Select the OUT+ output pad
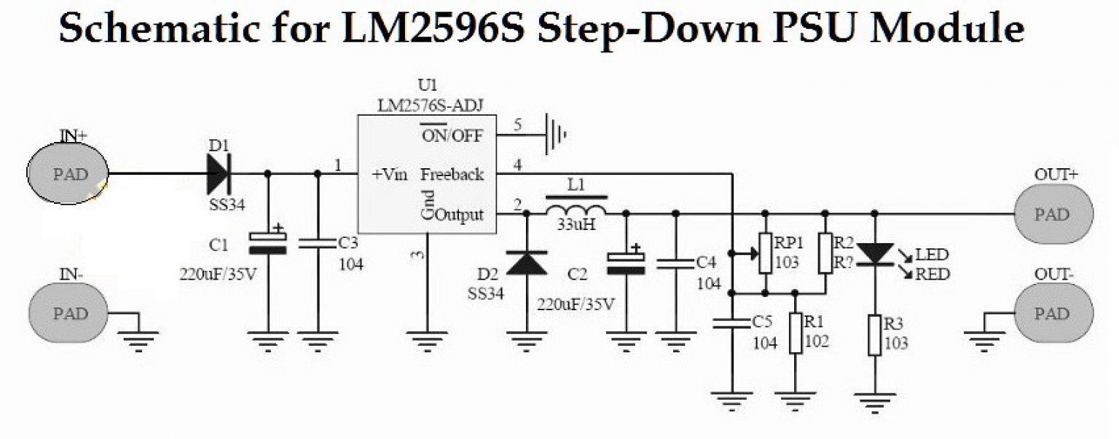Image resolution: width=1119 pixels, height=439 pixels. coord(1053,215)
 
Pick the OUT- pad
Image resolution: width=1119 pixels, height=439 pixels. coord(1053,314)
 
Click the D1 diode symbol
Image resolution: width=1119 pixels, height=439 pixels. coord(218,174)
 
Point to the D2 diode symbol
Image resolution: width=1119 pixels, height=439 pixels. coord(527,263)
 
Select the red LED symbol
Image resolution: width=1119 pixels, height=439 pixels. coord(875,253)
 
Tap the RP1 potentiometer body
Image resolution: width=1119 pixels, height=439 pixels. coord(765,253)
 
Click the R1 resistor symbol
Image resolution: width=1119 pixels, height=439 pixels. coord(796,333)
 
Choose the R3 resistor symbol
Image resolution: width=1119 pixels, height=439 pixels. coord(875,335)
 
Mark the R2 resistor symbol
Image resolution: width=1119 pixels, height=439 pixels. coord(825,253)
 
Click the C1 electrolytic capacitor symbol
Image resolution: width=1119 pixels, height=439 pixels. coord(267,242)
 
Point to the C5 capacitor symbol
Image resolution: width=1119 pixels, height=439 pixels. coord(733,323)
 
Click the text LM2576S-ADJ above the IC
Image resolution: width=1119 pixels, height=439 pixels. coord(425,106)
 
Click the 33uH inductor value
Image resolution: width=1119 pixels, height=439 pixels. coord(576,225)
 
